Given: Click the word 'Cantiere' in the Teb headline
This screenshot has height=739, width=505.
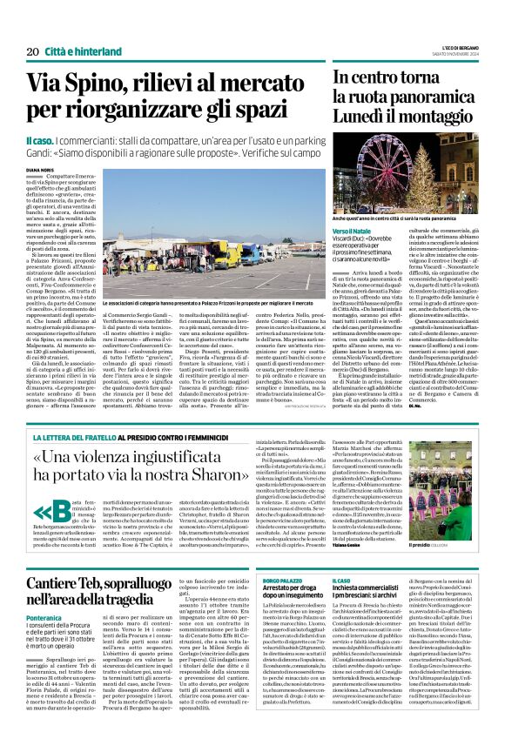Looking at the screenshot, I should [58, 579].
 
